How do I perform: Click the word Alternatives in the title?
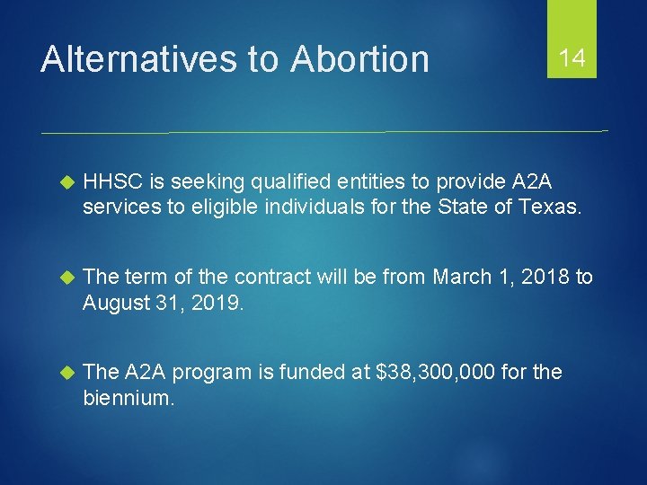coord(139,59)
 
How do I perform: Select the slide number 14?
coord(572,59)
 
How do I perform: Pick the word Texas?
coord(552,207)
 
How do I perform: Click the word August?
coord(111,302)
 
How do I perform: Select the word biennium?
coord(129,396)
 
